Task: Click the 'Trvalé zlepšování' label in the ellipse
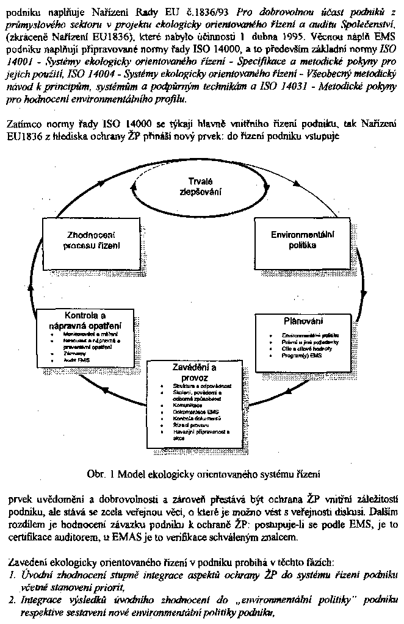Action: click(201, 186)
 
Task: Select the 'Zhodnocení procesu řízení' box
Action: click(92, 240)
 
